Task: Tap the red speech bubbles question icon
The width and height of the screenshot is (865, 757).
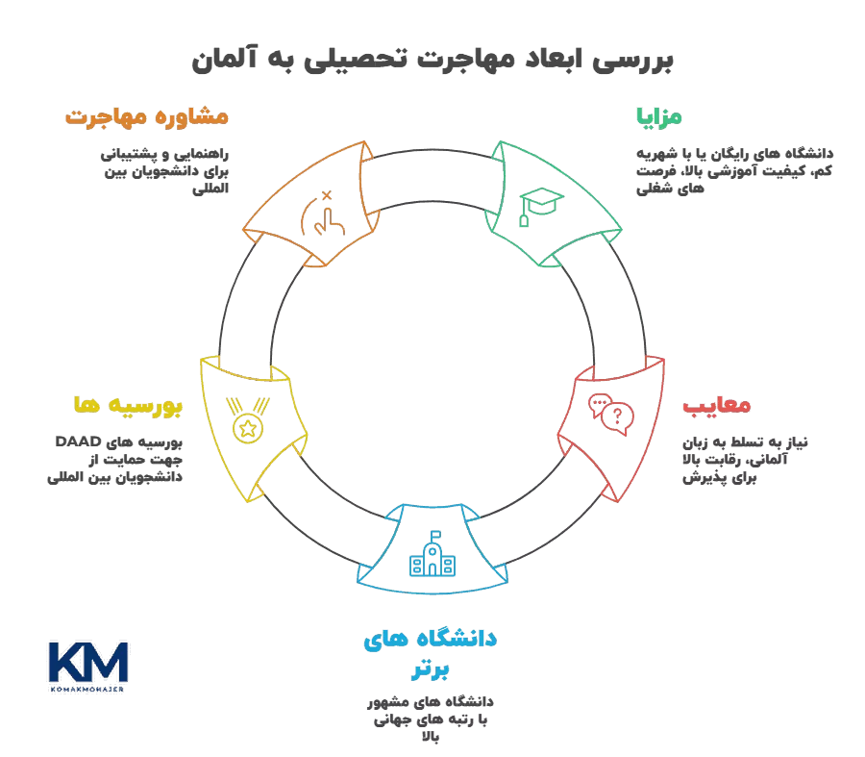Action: pos(611,415)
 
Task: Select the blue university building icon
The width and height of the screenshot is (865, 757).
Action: pos(433,555)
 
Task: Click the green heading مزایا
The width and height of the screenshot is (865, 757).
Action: pos(658,117)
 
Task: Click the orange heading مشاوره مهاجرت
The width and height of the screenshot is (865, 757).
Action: pos(147,117)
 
